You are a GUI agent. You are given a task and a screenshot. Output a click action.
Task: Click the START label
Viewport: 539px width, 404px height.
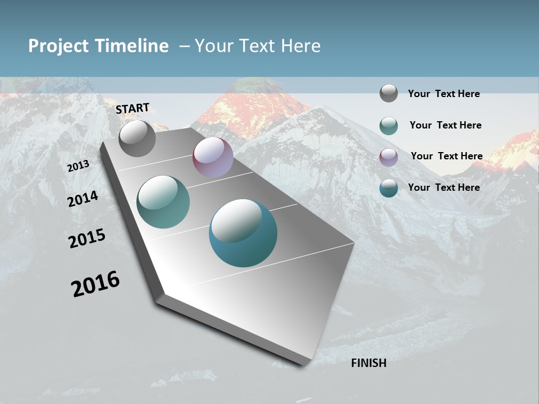(133, 108)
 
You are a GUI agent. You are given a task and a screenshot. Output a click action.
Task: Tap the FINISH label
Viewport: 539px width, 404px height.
(369, 363)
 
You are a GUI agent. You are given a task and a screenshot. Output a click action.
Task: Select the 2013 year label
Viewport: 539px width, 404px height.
(78, 166)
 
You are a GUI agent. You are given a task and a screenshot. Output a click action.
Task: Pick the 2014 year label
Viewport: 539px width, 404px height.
(83, 199)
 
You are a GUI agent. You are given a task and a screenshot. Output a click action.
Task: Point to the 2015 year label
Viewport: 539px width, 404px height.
(87, 238)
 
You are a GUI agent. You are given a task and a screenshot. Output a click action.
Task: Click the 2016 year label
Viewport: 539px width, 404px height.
(95, 284)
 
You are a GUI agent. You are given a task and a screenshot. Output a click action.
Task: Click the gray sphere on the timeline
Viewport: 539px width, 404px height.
(137, 138)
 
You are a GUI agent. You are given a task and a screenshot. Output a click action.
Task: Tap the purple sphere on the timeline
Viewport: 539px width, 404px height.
(213, 157)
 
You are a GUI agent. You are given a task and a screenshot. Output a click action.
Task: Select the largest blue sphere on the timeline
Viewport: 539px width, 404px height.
(243, 233)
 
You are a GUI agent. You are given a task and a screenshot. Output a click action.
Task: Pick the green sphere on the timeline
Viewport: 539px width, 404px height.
(163, 202)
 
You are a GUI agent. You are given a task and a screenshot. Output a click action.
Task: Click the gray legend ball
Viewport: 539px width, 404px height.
(389, 93)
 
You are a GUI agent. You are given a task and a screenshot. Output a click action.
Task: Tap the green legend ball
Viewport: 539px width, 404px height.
(389, 125)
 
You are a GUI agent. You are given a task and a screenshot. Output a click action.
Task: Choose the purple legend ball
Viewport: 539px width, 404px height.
(389, 157)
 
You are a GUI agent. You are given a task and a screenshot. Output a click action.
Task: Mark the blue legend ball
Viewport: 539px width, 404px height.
(389, 187)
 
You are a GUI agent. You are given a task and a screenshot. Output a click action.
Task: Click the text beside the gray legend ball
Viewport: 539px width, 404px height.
(444, 94)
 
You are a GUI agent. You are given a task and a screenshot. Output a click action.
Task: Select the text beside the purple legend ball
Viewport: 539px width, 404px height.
(446, 156)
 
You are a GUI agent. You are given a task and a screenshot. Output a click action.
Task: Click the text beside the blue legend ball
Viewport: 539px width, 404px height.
(444, 187)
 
